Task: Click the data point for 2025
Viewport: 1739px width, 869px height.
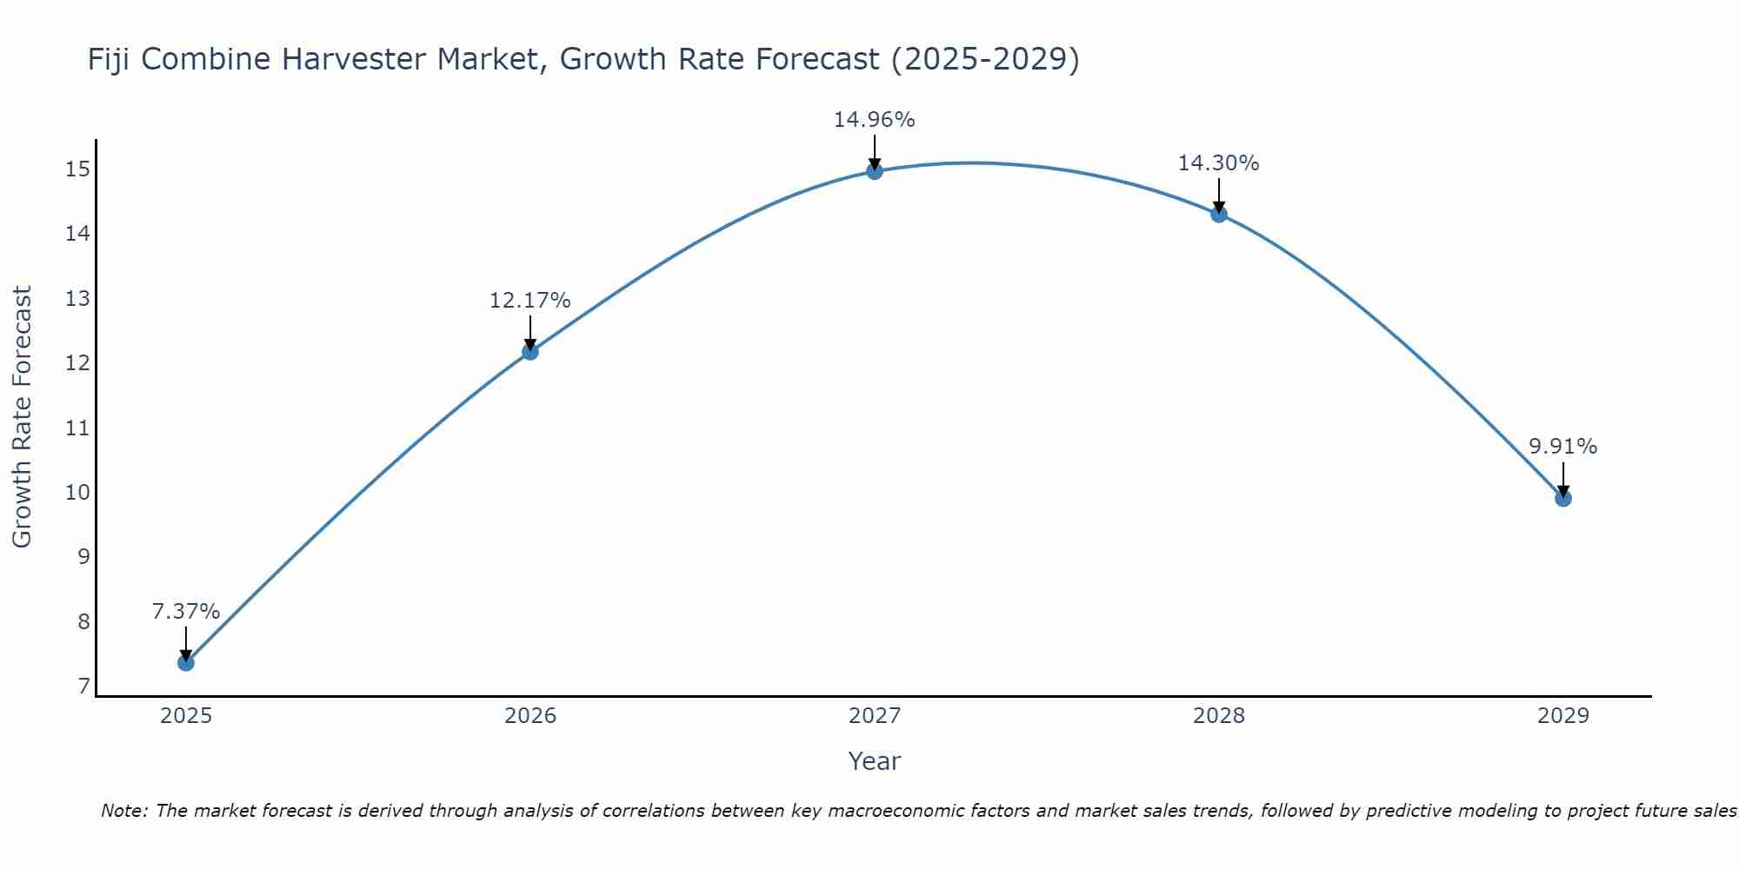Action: click(185, 662)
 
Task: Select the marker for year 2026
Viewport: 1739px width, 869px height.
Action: click(530, 351)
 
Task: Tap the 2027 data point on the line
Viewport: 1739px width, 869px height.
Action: click(875, 171)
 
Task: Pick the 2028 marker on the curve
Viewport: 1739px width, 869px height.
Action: click(1219, 214)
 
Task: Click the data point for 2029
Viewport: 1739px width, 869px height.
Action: click(1562, 498)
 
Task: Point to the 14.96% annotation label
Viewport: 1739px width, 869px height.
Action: click(874, 120)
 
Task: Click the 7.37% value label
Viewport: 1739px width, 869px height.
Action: click(185, 612)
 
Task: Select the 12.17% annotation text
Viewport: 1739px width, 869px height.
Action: click(530, 301)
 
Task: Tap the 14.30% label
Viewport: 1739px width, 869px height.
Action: click(1218, 163)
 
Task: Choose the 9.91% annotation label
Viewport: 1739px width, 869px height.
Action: click(1562, 447)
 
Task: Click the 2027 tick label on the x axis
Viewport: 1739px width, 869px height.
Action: click(875, 716)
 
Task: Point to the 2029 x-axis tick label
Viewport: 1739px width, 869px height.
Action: click(1562, 716)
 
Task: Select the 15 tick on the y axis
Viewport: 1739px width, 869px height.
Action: click(78, 169)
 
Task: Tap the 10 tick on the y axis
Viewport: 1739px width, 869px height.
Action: click(78, 493)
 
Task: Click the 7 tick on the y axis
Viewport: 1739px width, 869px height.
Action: click(83, 687)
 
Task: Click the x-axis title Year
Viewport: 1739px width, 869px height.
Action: click(874, 761)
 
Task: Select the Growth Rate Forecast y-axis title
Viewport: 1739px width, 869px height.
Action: click(23, 416)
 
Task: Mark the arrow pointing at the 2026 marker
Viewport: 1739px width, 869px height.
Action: click(530, 335)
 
